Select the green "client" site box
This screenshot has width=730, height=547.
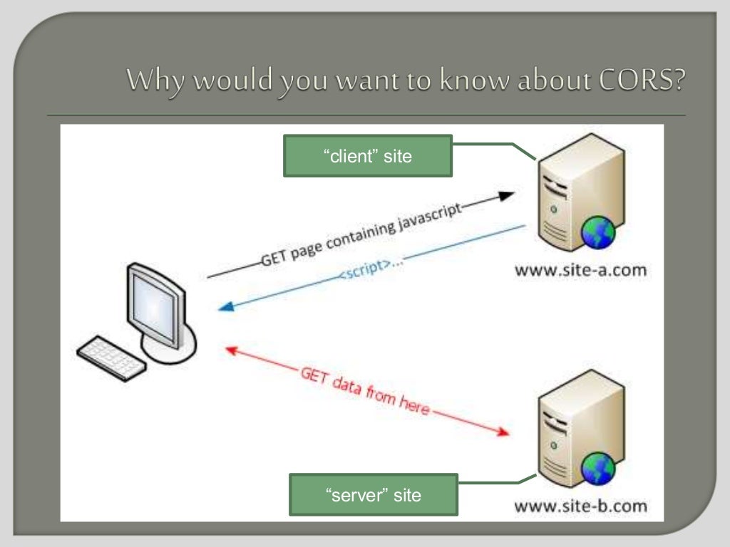[x=368, y=156]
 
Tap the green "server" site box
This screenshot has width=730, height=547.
[x=373, y=494]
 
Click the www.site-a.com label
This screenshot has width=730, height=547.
[x=580, y=270]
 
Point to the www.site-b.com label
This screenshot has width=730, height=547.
[x=580, y=507]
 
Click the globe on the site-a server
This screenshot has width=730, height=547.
[x=597, y=233]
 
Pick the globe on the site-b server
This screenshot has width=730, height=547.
[x=597, y=469]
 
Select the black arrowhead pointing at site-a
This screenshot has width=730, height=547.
[x=505, y=195]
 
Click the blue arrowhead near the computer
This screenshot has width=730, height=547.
[x=227, y=307]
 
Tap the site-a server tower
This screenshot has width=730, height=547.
[x=575, y=199]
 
